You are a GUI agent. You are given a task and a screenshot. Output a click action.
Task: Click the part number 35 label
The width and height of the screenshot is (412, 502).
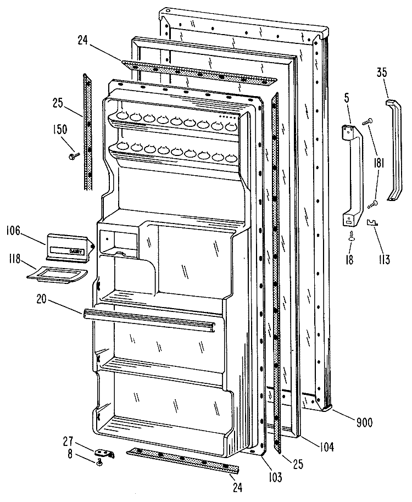[x=381, y=72]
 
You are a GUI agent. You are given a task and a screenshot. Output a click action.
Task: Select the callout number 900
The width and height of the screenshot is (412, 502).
[x=364, y=422]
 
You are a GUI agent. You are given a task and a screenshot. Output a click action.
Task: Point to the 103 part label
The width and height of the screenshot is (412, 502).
[x=275, y=477]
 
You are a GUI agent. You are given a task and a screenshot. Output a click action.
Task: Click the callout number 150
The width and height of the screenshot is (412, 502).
[x=60, y=130]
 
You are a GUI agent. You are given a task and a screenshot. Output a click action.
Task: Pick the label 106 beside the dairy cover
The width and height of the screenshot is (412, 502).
[x=13, y=231]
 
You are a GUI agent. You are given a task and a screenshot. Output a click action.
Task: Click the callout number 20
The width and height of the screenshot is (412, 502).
[x=41, y=299]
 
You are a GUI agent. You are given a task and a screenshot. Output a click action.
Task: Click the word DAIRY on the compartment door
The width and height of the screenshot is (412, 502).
[x=76, y=252]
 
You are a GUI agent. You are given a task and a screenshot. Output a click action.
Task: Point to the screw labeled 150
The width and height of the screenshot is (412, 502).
[x=73, y=156]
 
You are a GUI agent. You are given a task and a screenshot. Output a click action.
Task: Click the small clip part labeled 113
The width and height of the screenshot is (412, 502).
[x=372, y=222]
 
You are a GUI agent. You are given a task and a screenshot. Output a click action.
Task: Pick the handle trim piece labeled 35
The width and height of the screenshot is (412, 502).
[x=394, y=150]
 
